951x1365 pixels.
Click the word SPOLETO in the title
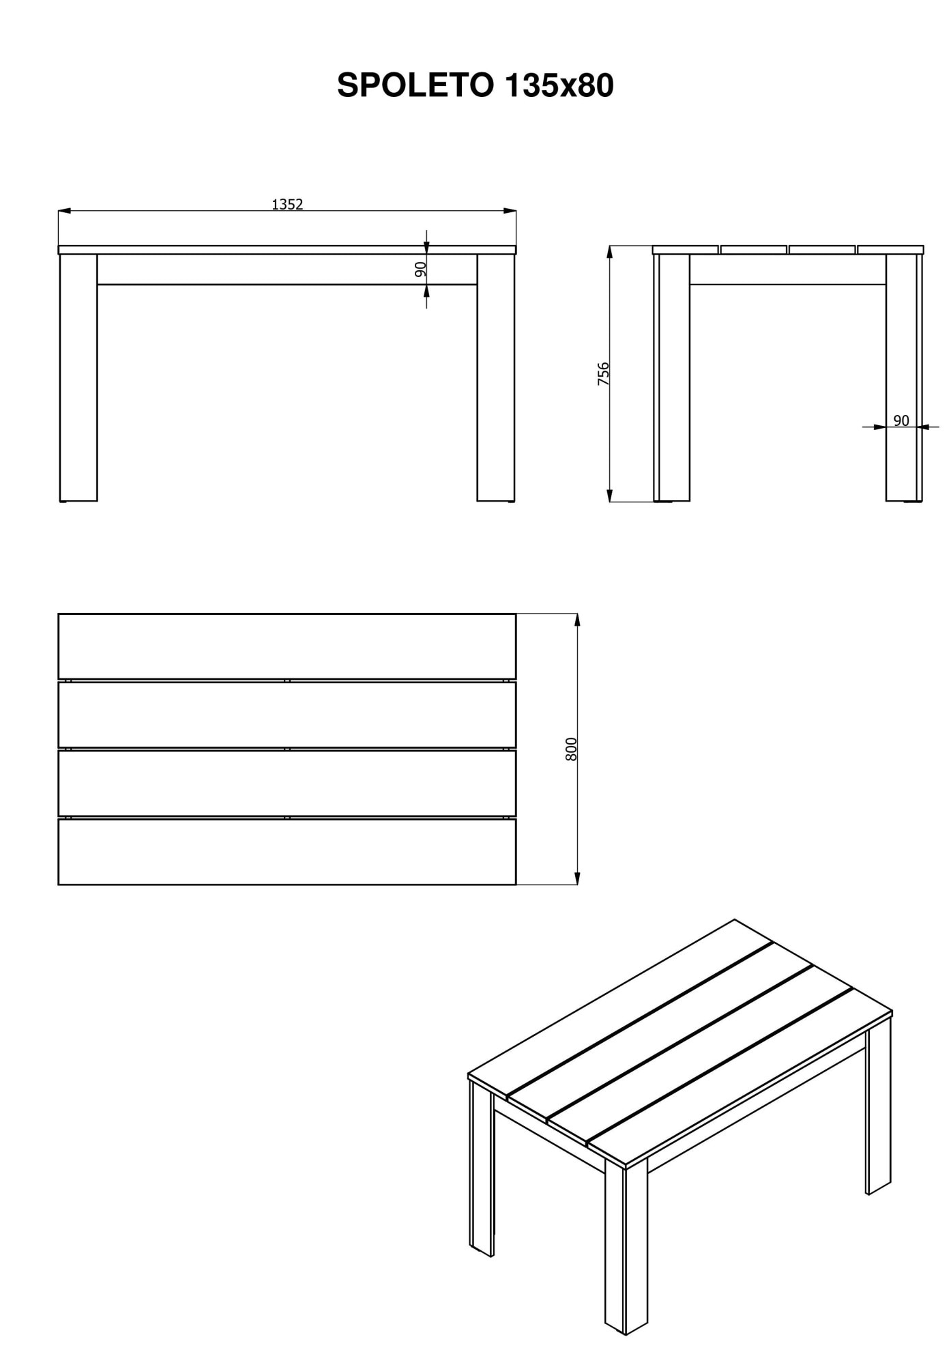click(x=415, y=86)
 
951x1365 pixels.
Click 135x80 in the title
click(x=559, y=86)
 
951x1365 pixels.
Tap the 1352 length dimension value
click(x=287, y=204)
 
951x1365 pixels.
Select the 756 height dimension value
click(x=603, y=374)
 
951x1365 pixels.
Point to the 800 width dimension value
click(x=572, y=749)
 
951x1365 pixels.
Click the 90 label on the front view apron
click(x=420, y=269)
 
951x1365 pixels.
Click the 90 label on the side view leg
click(x=901, y=420)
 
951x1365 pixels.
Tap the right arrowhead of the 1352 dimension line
click(x=510, y=211)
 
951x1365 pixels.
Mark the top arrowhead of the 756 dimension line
click(x=611, y=253)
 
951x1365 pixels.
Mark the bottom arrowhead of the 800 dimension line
click(x=577, y=878)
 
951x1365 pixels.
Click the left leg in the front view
click(x=78, y=378)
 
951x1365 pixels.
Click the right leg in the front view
click(x=496, y=378)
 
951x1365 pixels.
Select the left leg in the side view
click(x=672, y=378)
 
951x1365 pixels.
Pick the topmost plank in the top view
click(x=287, y=646)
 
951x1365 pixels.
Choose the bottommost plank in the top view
click(x=287, y=852)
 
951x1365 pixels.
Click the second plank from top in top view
click(x=287, y=715)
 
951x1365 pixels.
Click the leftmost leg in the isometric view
click(x=482, y=1168)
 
